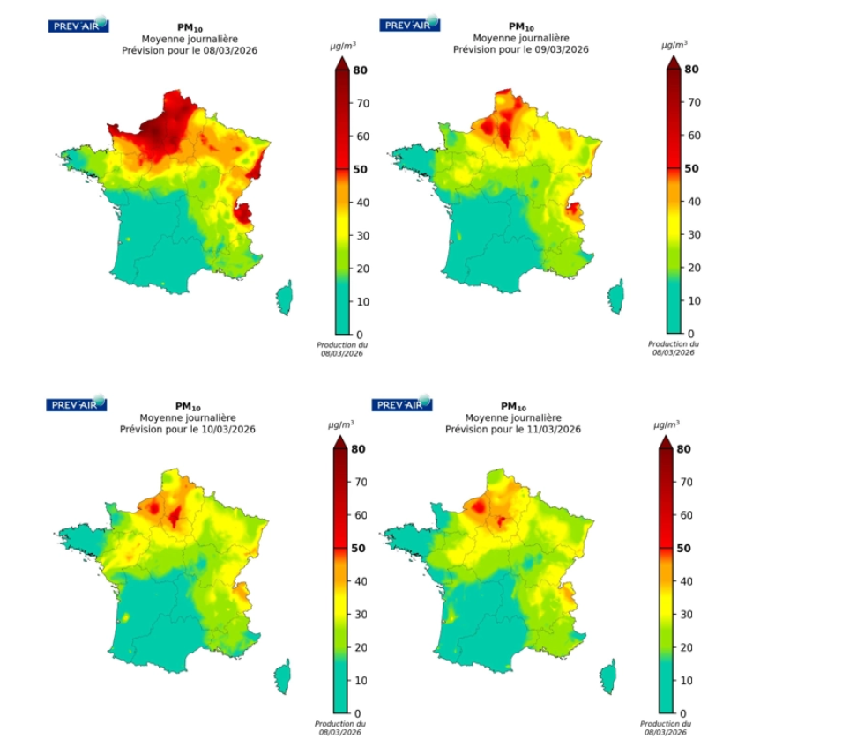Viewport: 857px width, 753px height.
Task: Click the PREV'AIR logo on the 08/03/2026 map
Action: (78, 25)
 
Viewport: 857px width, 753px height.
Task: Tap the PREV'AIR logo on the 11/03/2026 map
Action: (402, 404)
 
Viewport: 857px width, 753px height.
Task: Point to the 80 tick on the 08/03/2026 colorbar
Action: (360, 70)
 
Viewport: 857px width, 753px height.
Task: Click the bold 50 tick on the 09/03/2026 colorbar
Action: (691, 167)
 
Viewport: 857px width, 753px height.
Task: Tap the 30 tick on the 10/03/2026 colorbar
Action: (359, 614)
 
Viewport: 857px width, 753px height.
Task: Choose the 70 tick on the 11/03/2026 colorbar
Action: (683, 482)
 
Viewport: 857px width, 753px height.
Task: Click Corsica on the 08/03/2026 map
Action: (284, 298)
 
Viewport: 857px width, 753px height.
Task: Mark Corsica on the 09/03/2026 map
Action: (615, 297)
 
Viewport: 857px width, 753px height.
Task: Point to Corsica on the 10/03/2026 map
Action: (282, 675)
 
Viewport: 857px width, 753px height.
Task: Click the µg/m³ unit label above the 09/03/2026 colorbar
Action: (675, 43)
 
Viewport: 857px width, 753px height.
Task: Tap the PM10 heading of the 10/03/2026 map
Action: (183, 406)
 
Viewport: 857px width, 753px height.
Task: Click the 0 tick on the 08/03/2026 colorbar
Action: (357, 335)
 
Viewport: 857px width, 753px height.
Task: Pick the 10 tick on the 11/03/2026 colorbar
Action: (683, 680)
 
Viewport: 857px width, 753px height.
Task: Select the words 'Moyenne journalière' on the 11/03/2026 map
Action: (512, 417)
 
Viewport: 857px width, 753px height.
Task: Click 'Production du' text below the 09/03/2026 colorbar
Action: (674, 344)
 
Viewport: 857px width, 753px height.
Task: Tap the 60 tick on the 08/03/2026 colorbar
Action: (360, 137)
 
